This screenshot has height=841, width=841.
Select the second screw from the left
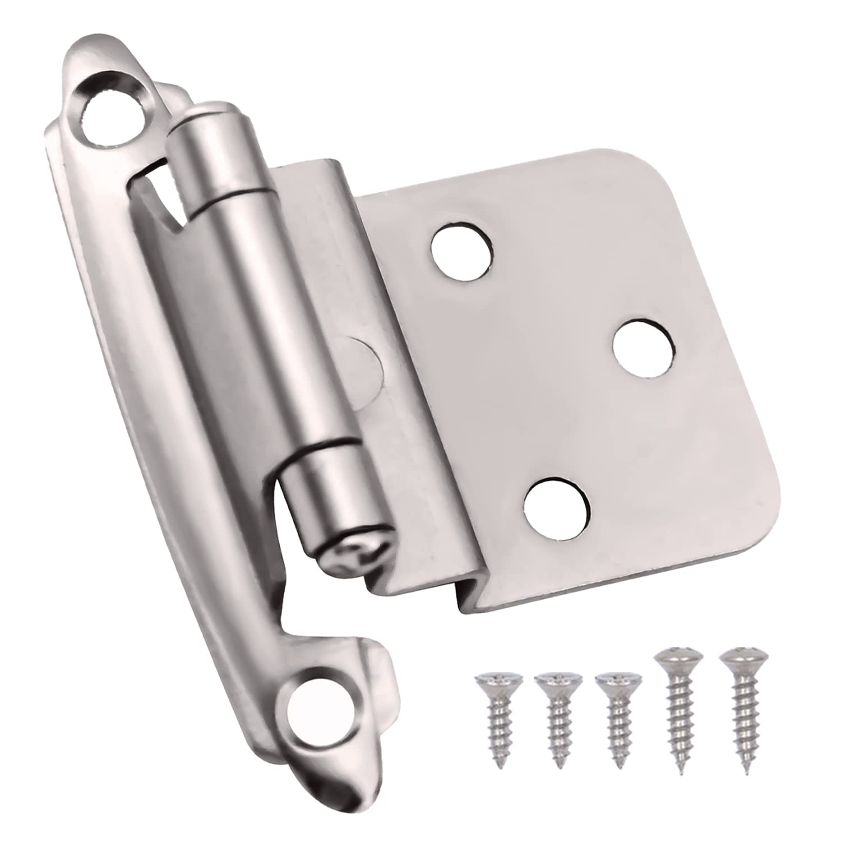tap(557, 723)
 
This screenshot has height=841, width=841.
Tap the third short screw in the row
tap(616, 723)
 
